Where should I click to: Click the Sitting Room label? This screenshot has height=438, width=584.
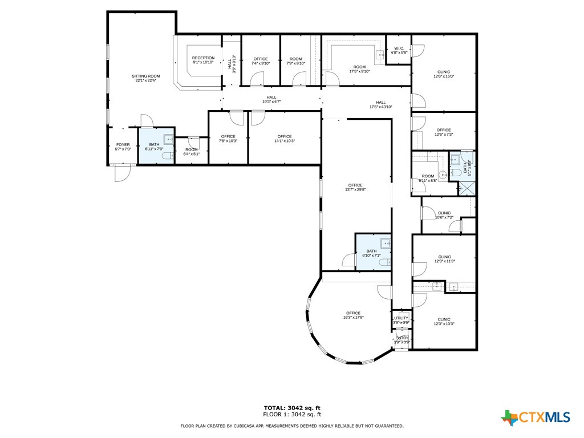(x=145, y=78)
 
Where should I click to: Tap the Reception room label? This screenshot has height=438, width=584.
(x=203, y=60)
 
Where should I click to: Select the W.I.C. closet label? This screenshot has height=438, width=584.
(x=399, y=50)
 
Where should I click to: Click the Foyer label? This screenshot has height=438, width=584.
(x=123, y=147)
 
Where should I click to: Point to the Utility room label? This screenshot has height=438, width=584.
(x=401, y=320)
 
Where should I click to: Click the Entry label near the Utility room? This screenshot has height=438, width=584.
(x=401, y=340)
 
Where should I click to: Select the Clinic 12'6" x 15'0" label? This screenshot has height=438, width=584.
(x=444, y=74)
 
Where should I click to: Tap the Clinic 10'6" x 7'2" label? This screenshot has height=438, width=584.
(x=444, y=215)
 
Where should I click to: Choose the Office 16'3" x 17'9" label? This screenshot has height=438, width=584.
(x=353, y=315)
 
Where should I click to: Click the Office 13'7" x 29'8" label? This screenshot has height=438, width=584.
(x=355, y=187)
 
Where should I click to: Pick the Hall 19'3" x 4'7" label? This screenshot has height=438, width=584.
(x=271, y=99)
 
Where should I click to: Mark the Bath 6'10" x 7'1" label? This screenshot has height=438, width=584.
(x=371, y=253)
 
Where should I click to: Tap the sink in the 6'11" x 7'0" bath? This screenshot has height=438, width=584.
(x=169, y=139)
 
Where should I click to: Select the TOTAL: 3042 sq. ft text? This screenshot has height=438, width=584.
(x=292, y=408)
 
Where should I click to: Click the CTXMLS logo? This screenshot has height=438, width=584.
(x=536, y=418)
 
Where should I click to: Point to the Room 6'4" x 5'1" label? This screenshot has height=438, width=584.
(x=191, y=152)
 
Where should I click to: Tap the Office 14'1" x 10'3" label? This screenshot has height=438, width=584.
(x=284, y=139)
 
